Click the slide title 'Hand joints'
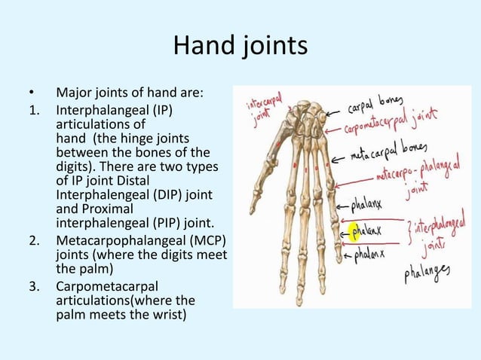point(240,47)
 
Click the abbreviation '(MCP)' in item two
point(207,241)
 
